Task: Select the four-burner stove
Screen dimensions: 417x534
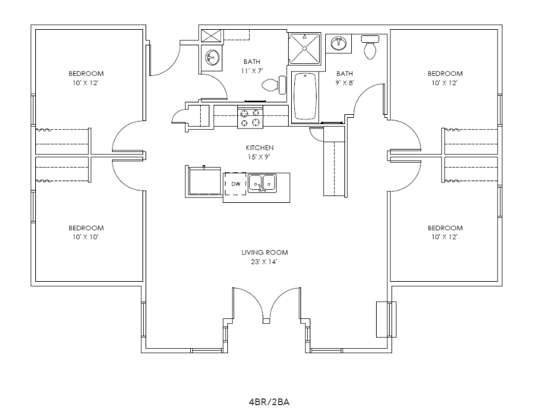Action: [x=250, y=118]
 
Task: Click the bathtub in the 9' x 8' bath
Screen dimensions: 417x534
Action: [x=304, y=96]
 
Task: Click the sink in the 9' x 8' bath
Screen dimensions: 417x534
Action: [x=338, y=43]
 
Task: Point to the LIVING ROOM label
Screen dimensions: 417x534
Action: [x=265, y=253]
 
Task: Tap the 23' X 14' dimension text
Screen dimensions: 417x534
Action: [x=265, y=261]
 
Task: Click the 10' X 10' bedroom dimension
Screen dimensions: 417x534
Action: [x=86, y=236]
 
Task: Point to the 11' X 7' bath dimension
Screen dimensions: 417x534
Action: [x=252, y=71]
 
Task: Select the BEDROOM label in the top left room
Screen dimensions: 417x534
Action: [x=86, y=73]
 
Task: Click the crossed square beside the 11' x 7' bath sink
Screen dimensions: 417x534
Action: [x=211, y=35]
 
